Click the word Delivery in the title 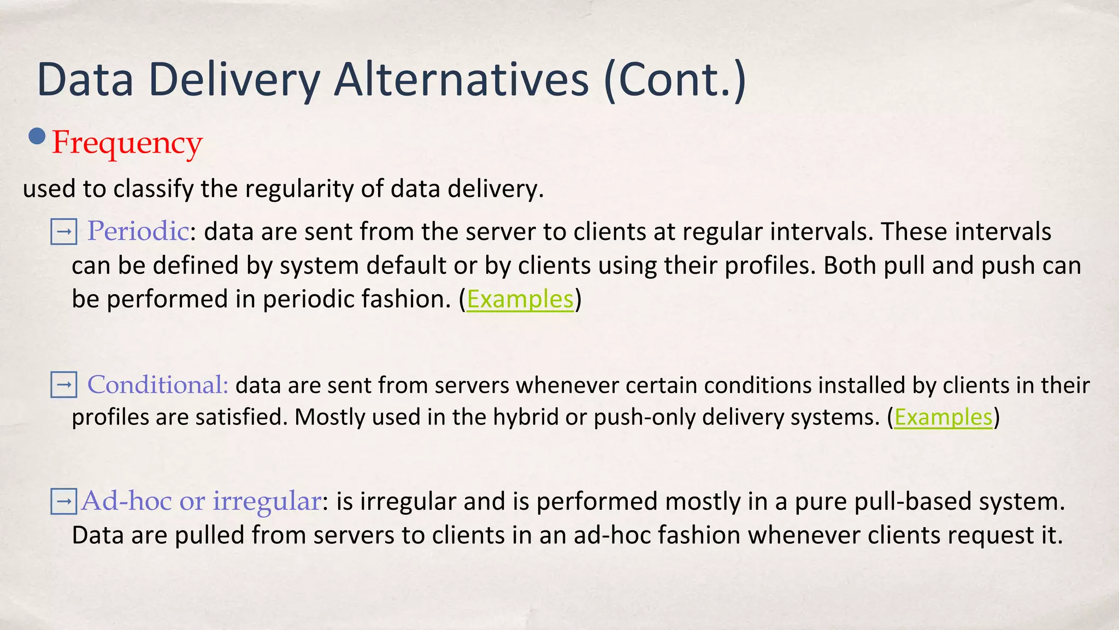233,80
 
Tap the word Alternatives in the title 462,80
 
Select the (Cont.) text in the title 675,80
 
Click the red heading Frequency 127,143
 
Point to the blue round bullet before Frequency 37,136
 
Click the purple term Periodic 138,231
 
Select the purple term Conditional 157,385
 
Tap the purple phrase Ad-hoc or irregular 201,501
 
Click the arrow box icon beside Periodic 63,232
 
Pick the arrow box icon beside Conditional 63,385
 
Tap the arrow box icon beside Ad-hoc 63,501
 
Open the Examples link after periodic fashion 520,299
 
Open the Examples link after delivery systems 943,417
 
